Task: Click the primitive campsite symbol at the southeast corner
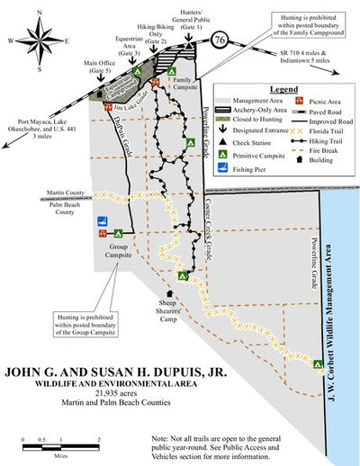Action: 318,364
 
